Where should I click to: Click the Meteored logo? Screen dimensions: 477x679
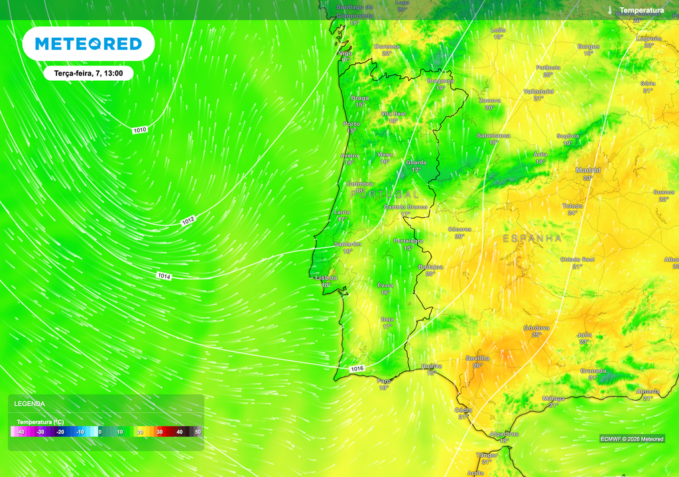point(88,44)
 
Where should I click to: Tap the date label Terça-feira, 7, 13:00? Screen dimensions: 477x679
point(89,74)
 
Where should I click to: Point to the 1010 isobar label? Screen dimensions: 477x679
point(140,130)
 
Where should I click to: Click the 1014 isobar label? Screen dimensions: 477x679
point(164,276)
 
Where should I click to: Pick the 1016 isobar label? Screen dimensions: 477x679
point(357,368)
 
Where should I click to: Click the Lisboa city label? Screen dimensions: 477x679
point(326,278)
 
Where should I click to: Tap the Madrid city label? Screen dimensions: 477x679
point(587,170)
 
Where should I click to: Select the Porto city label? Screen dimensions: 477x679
point(351,125)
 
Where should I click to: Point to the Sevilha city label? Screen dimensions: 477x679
point(477,358)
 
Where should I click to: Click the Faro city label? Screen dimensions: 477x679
point(384,381)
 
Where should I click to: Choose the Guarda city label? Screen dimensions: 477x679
point(416,162)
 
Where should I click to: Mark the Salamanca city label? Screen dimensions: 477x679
point(493,135)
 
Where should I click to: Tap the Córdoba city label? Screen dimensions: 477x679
point(536,328)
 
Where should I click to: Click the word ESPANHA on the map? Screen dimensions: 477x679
point(532,238)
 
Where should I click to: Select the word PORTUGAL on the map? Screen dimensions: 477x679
point(385,195)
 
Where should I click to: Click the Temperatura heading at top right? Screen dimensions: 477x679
point(641,11)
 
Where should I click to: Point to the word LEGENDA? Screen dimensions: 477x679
point(30,403)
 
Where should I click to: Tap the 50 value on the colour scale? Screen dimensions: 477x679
point(198,432)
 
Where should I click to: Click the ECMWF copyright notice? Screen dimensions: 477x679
point(632,439)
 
